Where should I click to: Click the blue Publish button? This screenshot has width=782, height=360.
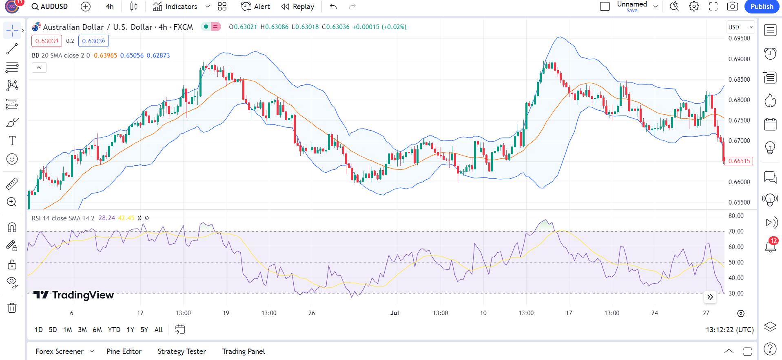[761, 7]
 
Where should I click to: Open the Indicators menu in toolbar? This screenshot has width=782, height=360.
[175, 7]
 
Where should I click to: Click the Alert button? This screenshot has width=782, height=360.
[255, 7]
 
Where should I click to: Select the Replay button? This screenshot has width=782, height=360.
[298, 7]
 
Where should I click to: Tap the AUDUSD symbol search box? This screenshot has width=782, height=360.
[50, 7]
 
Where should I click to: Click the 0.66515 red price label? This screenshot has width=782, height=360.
[739, 161]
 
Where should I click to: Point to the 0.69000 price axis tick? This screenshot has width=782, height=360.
[739, 59]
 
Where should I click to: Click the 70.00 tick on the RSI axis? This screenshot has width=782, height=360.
[736, 231]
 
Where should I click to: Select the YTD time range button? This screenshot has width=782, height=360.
[114, 330]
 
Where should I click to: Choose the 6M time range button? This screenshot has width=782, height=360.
[97, 330]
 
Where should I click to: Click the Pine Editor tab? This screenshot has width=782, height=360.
[124, 351]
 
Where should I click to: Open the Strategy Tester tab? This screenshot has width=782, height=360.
[182, 351]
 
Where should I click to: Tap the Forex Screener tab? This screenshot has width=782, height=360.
[60, 351]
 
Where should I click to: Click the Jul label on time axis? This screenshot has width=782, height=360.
[394, 313]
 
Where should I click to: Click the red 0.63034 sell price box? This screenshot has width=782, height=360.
[47, 41]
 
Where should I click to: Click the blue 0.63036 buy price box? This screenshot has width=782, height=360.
[93, 41]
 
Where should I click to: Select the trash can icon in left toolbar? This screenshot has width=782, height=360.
[12, 308]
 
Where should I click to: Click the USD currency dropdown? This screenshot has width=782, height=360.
[740, 27]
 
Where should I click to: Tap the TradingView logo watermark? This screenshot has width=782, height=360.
[73, 295]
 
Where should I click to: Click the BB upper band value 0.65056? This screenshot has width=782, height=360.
[132, 56]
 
